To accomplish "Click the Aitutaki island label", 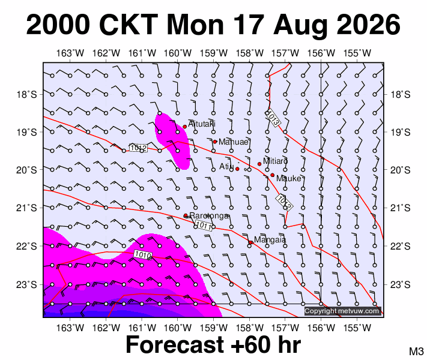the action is click(x=202, y=124).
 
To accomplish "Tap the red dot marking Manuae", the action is click(x=215, y=142).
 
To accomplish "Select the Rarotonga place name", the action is click(x=209, y=216).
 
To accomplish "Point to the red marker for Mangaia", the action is click(x=250, y=242).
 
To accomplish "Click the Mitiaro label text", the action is click(x=275, y=161).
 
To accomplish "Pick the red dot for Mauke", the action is click(x=272, y=175).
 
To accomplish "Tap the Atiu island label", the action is click(x=226, y=166).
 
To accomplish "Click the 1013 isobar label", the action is click(x=273, y=118).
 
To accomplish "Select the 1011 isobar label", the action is click(x=204, y=226).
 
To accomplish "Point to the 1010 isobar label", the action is click(x=143, y=254).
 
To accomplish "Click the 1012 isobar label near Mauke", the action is click(x=284, y=202).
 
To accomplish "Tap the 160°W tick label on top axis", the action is click(x=178, y=53).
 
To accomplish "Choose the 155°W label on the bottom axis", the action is click(x=357, y=328).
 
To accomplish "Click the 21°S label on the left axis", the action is click(x=26, y=208).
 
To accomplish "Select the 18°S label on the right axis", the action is click(x=401, y=95).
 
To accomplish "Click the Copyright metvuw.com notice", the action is click(x=342, y=311).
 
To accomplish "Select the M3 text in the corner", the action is click(x=416, y=351).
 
